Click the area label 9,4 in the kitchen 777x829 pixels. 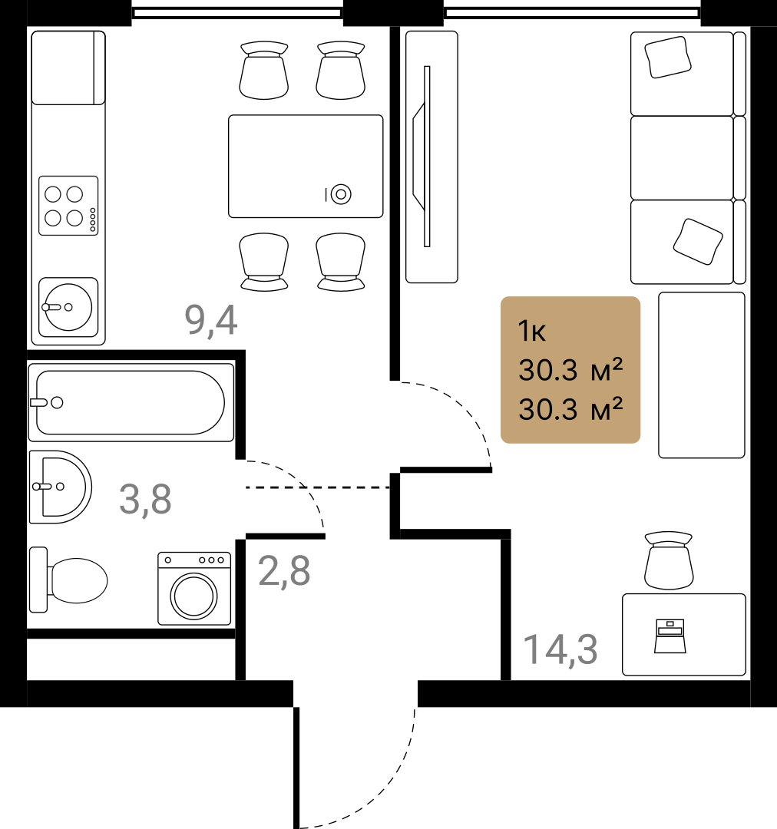[x=211, y=320]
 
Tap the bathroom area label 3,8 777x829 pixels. [x=145, y=499]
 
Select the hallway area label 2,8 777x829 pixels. [x=284, y=571]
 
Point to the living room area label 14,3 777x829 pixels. [x=560, y=650]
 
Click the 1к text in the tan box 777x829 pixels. [x=531, y=332]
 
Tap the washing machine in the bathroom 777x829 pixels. [x=194, y=589]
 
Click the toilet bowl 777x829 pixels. [x=68, y=580]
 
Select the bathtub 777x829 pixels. [x=131, y=402]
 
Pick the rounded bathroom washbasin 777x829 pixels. [x=61, y=487]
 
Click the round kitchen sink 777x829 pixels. [x=68, y=307]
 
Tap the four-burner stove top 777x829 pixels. [x=68, y=206]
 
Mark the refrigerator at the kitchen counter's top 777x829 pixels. [x=68, y=68]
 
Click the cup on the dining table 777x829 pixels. [x=339, y=194]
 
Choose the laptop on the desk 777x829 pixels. [x=670, y=636]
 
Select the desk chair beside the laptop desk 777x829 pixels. [x=669, y=560]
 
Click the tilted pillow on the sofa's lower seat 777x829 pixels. [x=698, y=242]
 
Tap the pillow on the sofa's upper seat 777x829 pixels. [x=668, y=57]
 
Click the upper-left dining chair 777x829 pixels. [x=264, y=71]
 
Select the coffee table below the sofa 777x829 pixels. [x=702, y=375]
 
